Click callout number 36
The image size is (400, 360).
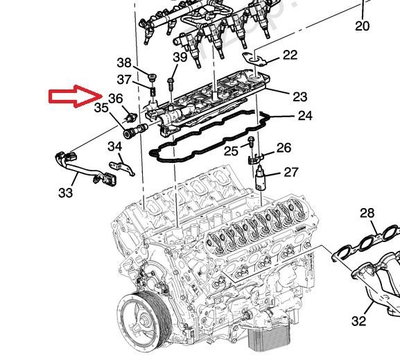point(116,98)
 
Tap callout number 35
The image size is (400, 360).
point(101,108)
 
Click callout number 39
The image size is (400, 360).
point(180,58)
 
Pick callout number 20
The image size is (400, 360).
point(362,26)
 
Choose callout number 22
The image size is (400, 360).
point(290,55)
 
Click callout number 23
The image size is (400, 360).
point(299,95)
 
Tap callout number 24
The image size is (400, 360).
point(304,116)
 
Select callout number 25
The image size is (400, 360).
point(231,151)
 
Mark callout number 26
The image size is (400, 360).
point(284,148)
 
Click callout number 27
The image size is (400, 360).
point(290,172)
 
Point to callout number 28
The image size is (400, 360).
point(367,212)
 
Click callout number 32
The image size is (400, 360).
point(358,320)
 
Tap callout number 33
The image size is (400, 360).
point(65,193)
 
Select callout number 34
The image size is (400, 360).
point(114,146)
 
